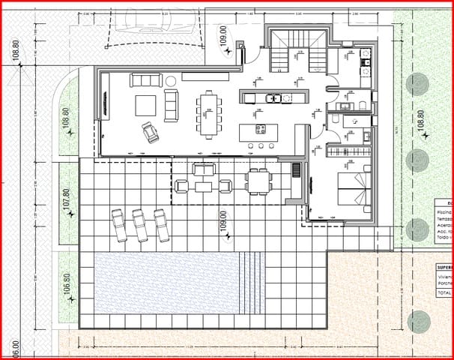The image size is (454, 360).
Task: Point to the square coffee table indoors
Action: click(x=146, y=106)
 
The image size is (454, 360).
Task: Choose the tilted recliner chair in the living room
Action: click(x=152, y=133)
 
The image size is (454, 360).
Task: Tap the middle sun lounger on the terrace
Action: click(x=139, y=224)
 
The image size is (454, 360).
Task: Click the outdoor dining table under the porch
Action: click(x=258, y=181)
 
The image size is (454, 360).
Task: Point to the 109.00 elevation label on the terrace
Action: click(x=223, y=223)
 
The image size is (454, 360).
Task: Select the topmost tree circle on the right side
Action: click(x=417, y=82)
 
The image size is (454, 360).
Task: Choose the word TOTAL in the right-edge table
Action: click(x=444, y=292)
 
